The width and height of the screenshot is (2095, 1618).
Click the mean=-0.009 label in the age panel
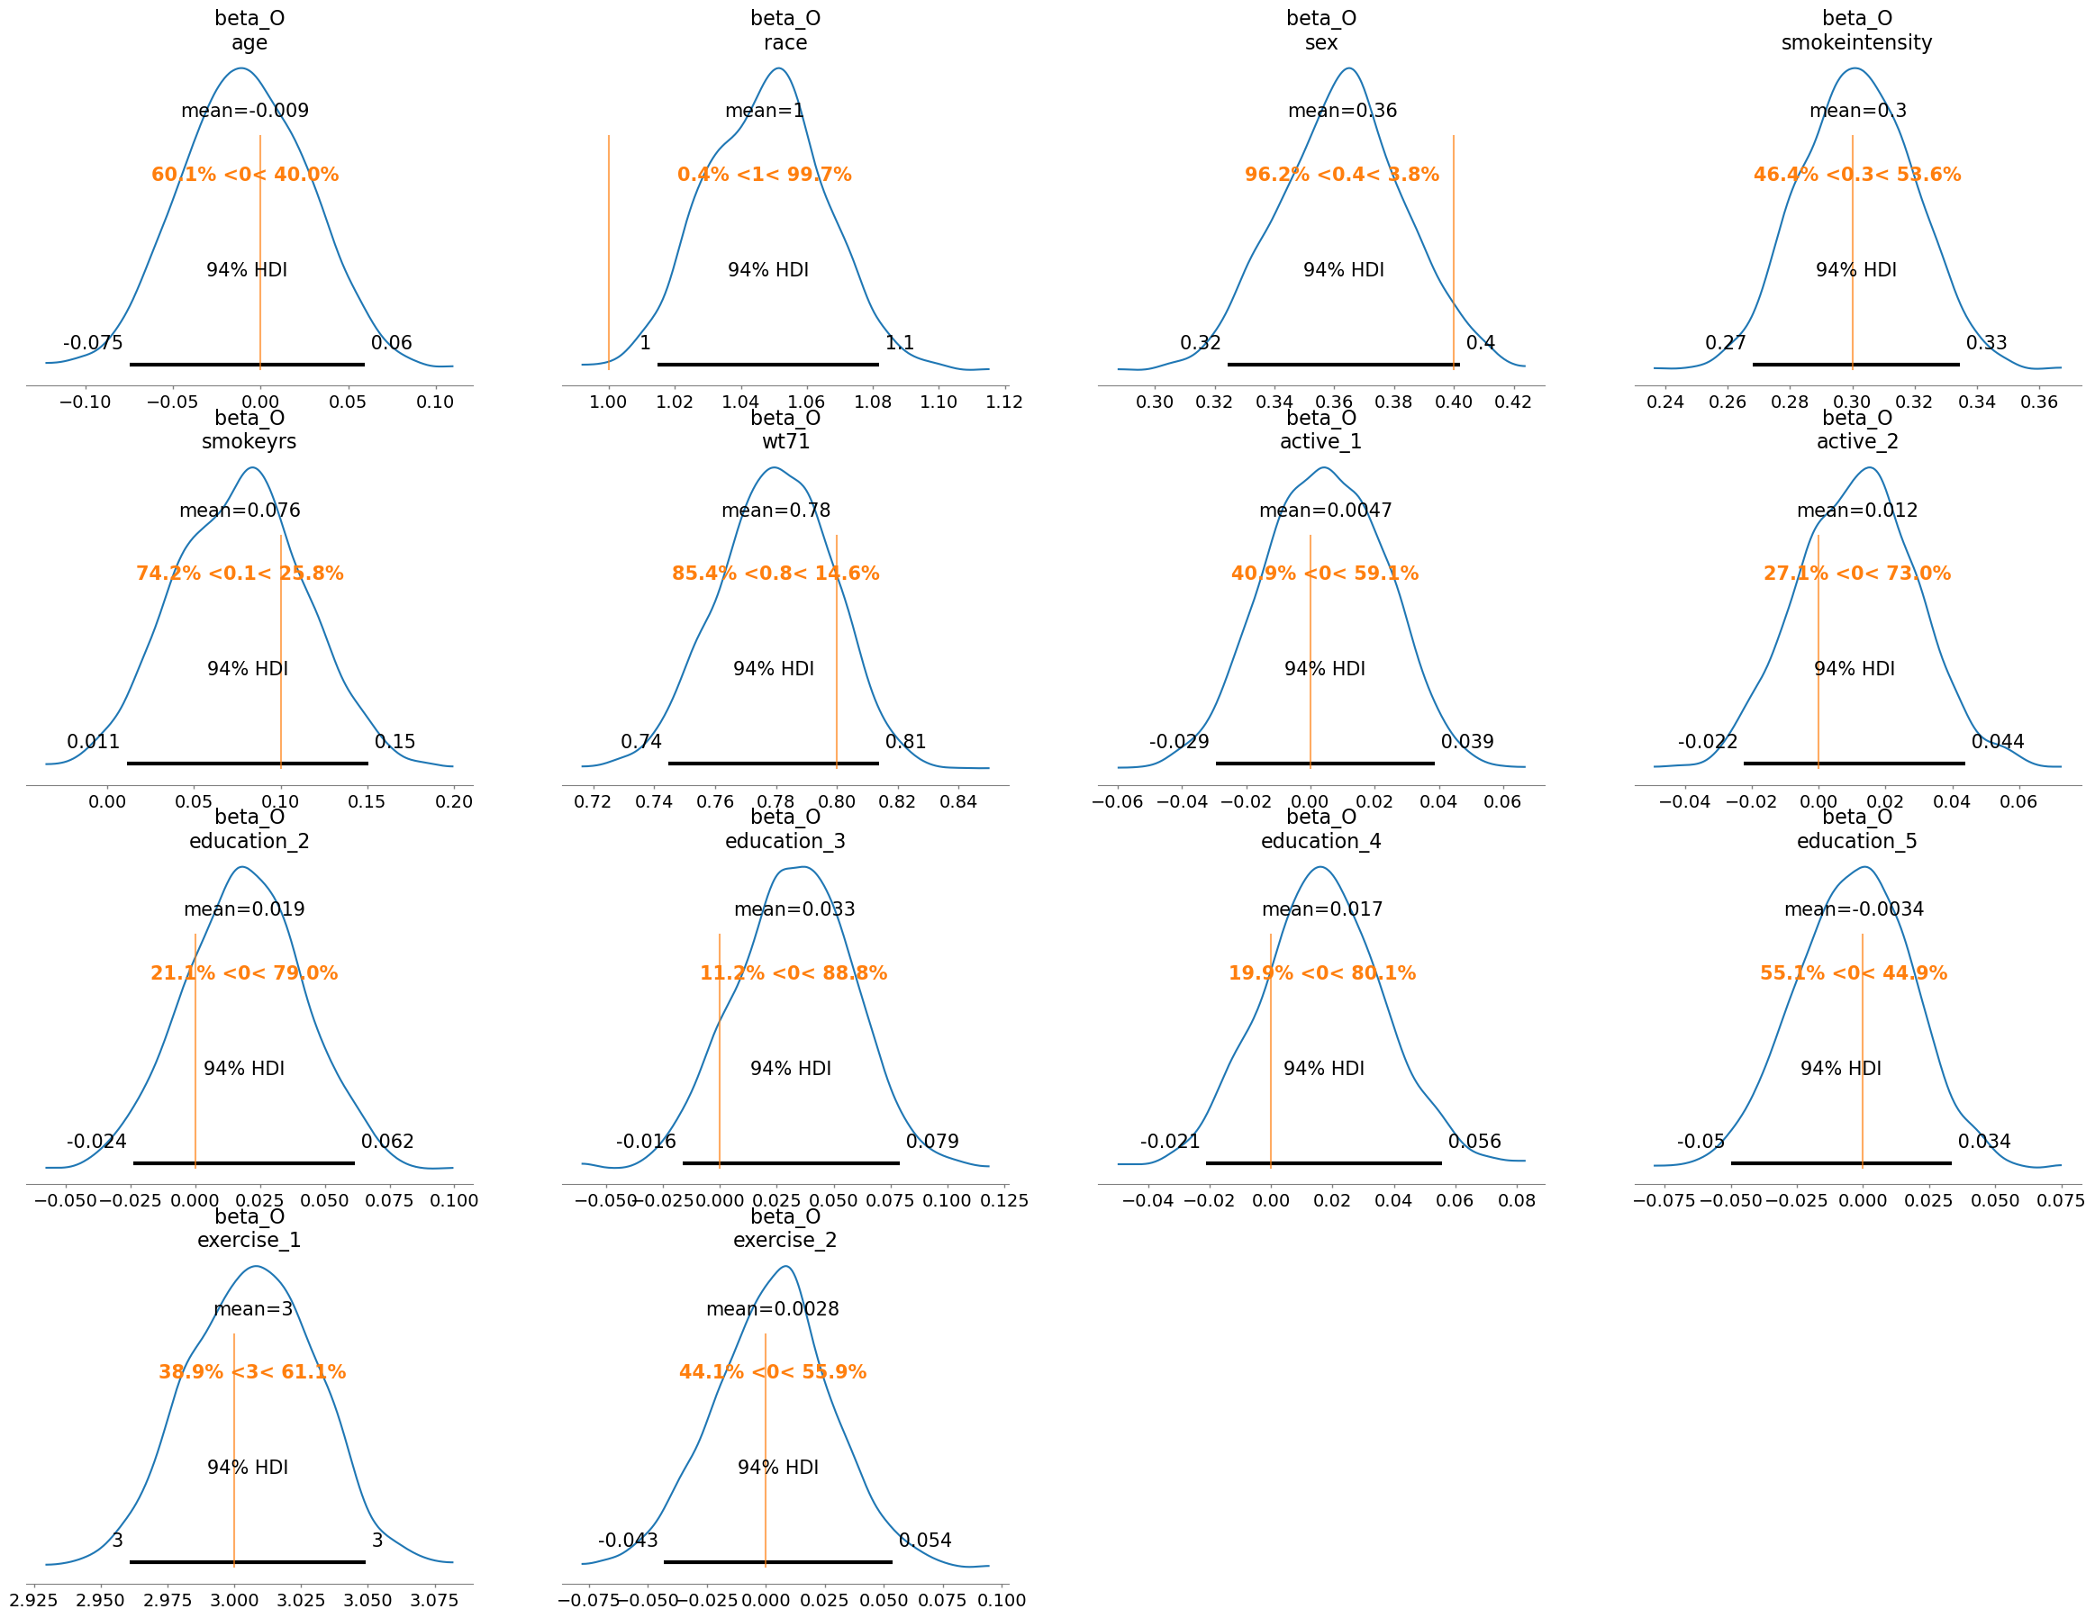[x=245, y=110]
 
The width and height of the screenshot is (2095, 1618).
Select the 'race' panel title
[x=784, y=42]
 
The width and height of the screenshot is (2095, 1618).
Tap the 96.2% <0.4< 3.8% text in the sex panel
[x=1341, y=175]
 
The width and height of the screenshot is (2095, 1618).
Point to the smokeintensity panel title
[x=1856, y=42]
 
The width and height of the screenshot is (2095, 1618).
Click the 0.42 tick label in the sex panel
[x=1513, y=402]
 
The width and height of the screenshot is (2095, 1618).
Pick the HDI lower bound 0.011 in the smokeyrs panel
[x=93, y=741]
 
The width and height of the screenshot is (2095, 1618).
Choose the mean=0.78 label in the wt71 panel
[x=775, y=511]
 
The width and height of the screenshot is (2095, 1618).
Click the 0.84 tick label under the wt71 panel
[x=957, y=802]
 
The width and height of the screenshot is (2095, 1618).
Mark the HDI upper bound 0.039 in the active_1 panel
[x=1466, y=741]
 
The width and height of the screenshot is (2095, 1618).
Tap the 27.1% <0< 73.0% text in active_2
[x=1856, y=574]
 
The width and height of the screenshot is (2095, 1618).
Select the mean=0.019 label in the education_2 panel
[x=244, y=909]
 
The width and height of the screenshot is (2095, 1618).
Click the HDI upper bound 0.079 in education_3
[x=931, y=1142]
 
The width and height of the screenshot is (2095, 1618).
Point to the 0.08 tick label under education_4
[x=1516, y=1201]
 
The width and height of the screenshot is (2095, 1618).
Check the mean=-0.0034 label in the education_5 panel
[x=1854, y=909]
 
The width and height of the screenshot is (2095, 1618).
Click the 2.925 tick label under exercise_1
[x=33, y=1600]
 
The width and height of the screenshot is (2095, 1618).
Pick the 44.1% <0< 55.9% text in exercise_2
[x=772, y=1372]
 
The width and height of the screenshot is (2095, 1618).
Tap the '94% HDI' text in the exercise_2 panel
[x=777, y=1468]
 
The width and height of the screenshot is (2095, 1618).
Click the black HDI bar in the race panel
[x=767, y=365]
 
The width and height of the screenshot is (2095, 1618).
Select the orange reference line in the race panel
[x=608, y=249]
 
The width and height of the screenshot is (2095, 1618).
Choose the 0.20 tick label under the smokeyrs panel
[x=454, y=802]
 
